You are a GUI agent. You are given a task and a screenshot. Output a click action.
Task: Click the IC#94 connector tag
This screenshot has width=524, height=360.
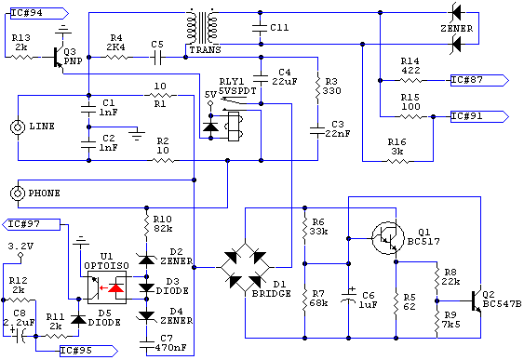(x=33, y=13)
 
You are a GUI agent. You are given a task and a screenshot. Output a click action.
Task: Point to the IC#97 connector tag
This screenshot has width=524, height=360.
(x=33, y=224)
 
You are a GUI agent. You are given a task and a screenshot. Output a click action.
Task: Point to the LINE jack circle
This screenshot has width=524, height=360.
(x=16, y=127)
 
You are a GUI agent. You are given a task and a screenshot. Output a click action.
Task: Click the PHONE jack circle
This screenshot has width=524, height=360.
(x=16, y=193)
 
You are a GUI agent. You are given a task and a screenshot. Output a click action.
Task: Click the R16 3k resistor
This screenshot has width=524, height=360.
(x=398, y=160)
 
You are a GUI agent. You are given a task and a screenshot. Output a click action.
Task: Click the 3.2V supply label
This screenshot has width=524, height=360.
(x=20, y=247)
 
